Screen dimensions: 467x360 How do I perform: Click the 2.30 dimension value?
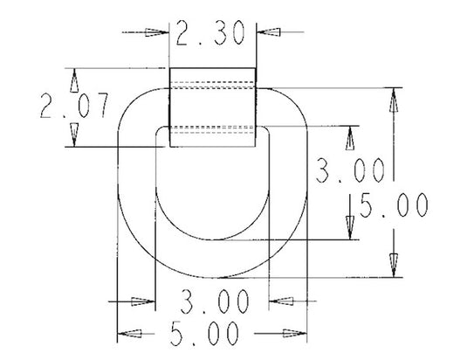point(210,33)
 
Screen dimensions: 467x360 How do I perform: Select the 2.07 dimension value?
point(74,106)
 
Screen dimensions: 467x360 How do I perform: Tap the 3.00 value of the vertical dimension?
point(350,170)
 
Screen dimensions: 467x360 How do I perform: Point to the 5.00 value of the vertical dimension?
point(394,205)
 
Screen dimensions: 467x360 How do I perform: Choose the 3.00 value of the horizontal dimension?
point(215,301)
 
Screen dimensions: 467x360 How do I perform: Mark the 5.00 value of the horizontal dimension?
point(204,333)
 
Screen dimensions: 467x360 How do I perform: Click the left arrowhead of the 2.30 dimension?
point(157,32)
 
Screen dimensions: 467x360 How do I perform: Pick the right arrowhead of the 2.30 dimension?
point(269,31)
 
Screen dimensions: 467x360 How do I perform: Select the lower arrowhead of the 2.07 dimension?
point(74,135)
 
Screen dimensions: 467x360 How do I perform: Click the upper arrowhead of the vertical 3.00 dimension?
point(350,138)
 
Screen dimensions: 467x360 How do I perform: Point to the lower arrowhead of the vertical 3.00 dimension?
point(350,228)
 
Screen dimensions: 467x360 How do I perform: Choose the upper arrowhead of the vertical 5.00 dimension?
point(394,100)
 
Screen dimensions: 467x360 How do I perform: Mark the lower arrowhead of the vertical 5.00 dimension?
point(394,266)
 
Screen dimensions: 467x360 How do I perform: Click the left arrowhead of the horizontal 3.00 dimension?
point(143,301)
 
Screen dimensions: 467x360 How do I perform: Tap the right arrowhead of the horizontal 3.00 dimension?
point(281,301)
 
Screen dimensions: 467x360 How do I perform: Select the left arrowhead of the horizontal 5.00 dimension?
point(129,334)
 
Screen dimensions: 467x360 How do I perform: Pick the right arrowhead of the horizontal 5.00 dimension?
point(294,333)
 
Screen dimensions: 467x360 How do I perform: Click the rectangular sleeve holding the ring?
point(213,107)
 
